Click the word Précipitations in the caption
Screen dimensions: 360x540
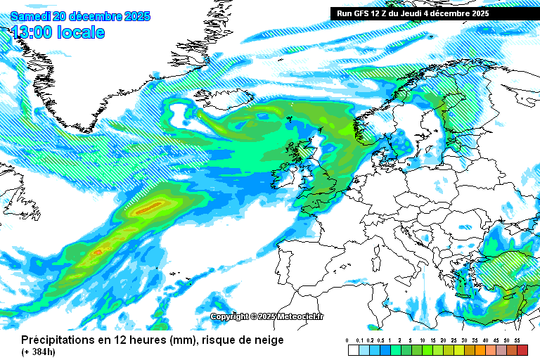click(57, 340)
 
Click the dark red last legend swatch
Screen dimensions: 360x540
click(522, 349)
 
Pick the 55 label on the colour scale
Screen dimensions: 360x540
click(517, 340)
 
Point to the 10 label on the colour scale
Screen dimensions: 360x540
click(421, 340)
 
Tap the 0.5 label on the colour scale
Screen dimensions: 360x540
click(379, 340)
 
